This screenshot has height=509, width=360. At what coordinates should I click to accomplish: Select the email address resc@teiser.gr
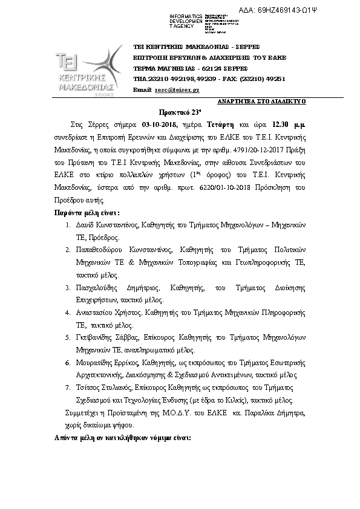pos(177,89)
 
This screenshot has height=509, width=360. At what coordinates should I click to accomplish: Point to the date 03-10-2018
pos(160,124)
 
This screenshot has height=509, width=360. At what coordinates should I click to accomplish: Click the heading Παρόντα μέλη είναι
pos(87,213)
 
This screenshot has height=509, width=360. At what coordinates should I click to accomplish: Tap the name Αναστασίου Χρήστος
pos(111,313)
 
